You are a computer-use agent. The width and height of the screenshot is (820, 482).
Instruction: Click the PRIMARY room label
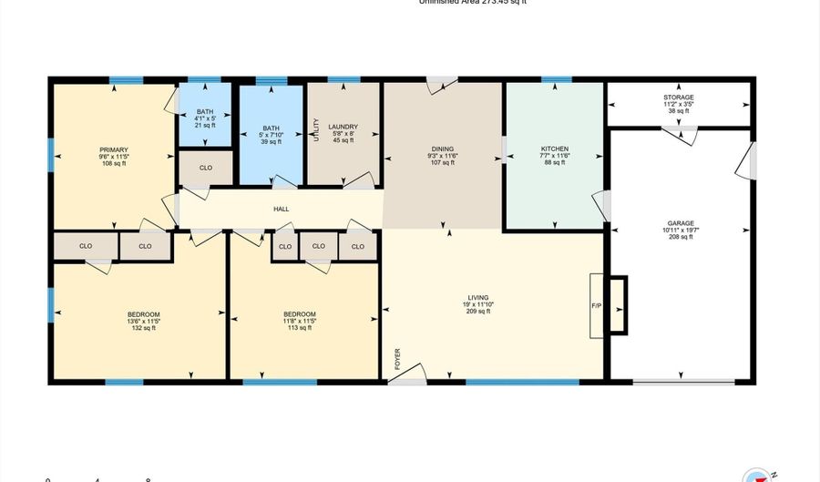(x=114, y=149)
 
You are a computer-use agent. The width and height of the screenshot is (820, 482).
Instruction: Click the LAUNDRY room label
(x=343, y=128)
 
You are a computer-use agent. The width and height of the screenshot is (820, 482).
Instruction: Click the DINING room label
(x=443, y=149)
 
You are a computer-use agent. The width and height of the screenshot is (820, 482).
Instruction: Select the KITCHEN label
(x=555, y=149)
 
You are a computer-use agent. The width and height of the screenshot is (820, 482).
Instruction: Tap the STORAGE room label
(x=679, y=97)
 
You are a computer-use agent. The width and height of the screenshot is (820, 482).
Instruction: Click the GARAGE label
(x=680, y=223)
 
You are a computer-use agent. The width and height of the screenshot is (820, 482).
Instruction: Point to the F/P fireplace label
(x=597, y=306)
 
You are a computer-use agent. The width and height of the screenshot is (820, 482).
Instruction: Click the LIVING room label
(x=478, y=298)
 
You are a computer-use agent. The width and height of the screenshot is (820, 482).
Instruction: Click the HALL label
(x=282, y=210)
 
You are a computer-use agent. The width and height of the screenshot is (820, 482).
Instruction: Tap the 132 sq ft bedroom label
(x=144, y=314)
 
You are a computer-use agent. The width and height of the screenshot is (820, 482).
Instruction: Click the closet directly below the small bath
(x=206, y=168)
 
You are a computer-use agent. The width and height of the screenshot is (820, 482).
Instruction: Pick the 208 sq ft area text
(x=680, y=237)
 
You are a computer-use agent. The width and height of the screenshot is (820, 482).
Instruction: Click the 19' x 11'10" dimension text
(x=478, y=305)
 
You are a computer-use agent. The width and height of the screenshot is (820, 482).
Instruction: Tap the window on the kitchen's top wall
(x=550, y=80)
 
